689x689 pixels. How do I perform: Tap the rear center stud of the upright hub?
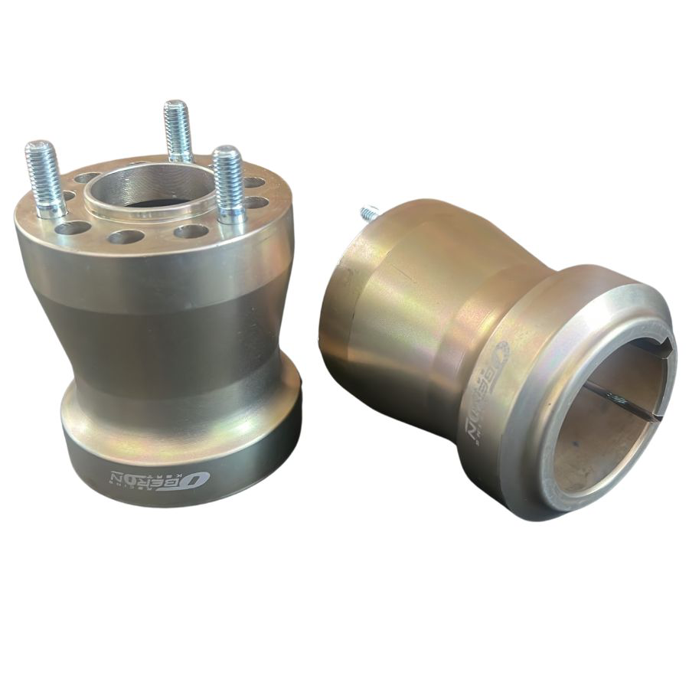(x=178, y=130)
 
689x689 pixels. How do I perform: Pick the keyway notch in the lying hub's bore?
(x=659, y=348)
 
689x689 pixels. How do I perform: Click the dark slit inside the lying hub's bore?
(x=620, y=402)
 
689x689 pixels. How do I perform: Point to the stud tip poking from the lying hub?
(x=370, y=212)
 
